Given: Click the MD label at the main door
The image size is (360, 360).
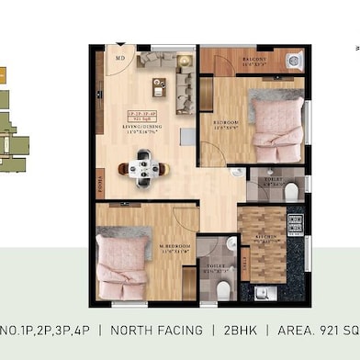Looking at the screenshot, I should point(119,59).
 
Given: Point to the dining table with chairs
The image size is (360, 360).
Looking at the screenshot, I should point(142,165).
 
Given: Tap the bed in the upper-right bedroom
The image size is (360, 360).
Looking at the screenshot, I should point(276,121).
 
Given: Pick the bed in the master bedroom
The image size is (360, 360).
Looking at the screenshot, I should point(121,260).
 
